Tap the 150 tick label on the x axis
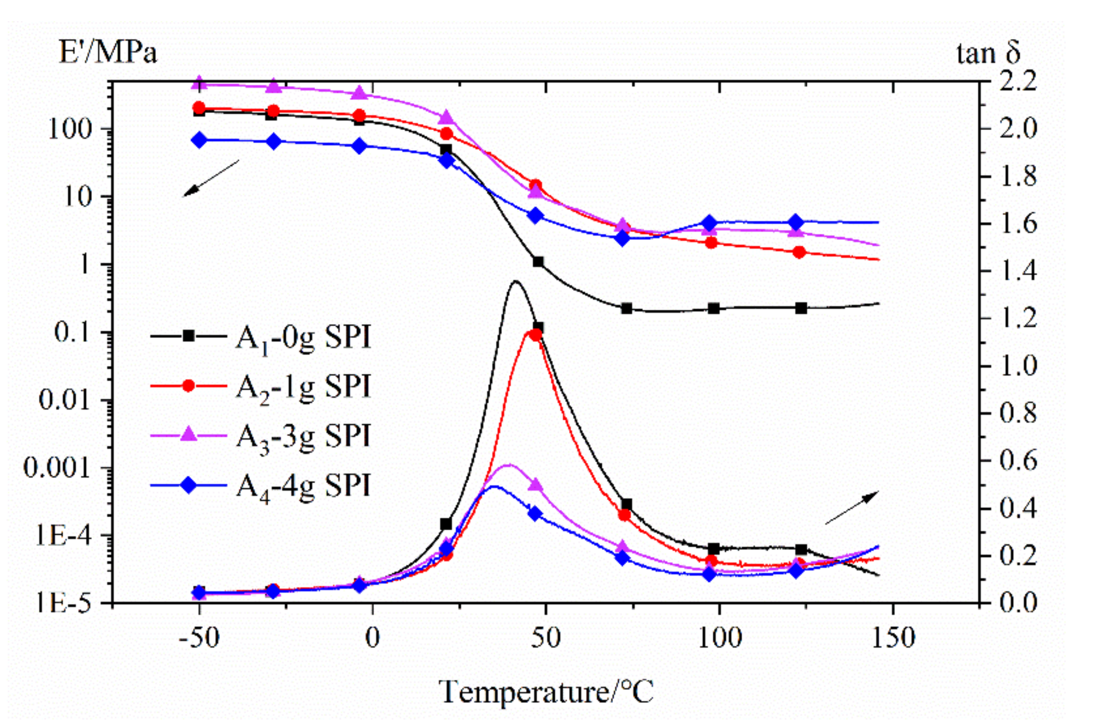pyautogui.click(x=893, y=638)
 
